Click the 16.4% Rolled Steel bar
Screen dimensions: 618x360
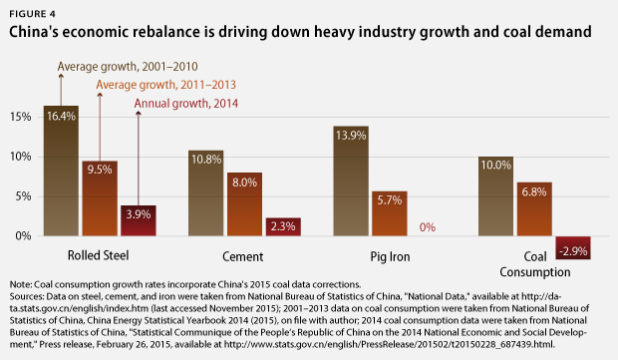61,171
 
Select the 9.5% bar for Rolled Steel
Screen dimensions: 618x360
100,198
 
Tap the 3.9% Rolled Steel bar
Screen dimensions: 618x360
139,220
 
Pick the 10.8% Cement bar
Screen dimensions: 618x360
205,193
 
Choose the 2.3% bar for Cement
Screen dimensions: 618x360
283,226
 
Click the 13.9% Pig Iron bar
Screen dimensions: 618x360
351,180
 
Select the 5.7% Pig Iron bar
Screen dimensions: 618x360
390,213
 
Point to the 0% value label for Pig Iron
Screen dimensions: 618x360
428,227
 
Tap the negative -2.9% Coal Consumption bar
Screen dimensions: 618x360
573,247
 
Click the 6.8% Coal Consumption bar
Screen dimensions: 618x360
534,209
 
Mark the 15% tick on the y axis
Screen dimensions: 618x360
21,117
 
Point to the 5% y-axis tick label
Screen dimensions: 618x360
23,196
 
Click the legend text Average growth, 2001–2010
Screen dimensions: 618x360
128,67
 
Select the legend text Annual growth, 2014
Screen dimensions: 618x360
186,104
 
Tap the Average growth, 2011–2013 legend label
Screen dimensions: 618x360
165,85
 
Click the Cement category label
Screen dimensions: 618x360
243,256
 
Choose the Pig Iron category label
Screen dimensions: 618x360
390,257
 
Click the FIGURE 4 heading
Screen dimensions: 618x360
33,14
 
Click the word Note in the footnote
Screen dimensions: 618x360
20,284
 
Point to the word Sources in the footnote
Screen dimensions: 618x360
27,296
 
